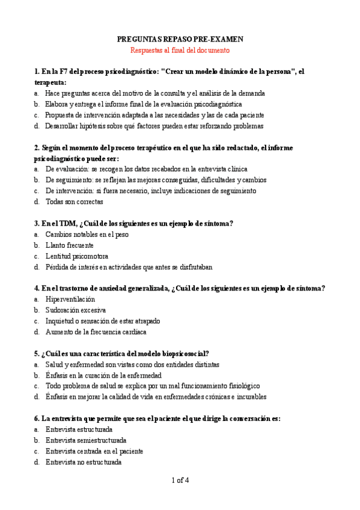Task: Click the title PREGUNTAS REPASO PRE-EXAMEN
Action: [x=180, y=39]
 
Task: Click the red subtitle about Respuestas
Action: [x=180, y=51]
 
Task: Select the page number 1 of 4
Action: [x=180, y=480]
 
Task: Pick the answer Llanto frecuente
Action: [x=69, y=245]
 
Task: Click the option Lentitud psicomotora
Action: [x=73, y=256]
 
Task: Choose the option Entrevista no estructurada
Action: [x=84, y=462]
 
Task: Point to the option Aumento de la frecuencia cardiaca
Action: [x=96, y=332]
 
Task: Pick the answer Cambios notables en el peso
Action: [x=87, y=235]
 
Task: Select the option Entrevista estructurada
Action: [x=79, y=429]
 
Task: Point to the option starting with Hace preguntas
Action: [x=155, y=94]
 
